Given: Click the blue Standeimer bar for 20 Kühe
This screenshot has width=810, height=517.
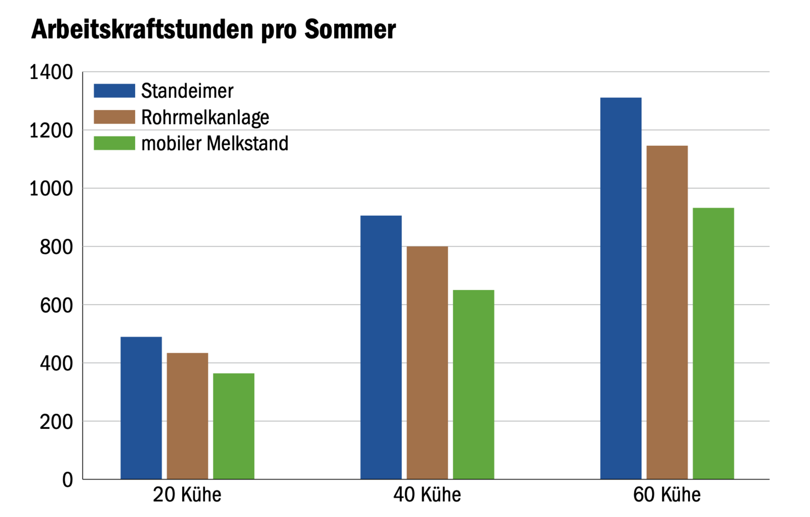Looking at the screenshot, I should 141,408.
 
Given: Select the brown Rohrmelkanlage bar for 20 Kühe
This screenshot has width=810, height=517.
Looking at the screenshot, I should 187,416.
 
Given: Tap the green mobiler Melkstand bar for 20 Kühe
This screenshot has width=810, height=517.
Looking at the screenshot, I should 233,426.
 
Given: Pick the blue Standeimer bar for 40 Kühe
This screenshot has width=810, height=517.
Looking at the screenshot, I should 381,347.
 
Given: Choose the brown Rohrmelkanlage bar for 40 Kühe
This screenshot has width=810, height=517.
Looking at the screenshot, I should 427,363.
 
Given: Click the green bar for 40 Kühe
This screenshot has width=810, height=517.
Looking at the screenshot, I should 473,384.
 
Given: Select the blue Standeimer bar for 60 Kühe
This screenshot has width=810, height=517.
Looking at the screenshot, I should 621,288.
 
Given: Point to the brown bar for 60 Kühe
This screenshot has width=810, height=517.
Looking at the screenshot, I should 667,312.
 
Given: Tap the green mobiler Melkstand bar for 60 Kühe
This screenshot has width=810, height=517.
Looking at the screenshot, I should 713,343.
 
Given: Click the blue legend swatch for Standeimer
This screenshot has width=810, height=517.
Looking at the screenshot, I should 114,91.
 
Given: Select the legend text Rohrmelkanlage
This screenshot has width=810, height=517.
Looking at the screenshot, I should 205,117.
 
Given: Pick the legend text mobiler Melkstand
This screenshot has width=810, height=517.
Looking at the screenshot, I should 215,144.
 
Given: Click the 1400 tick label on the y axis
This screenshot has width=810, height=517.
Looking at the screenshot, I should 51,72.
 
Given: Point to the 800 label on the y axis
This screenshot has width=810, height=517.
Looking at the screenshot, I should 56,247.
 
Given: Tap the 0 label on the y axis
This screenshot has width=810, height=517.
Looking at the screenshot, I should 67,480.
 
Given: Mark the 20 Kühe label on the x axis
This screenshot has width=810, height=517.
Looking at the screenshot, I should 187,495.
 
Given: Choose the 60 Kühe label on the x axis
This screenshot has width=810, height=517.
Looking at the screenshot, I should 667,495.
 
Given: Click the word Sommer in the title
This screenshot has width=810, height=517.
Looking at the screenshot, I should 350,29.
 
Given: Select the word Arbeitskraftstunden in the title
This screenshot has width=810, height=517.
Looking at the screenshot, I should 142,29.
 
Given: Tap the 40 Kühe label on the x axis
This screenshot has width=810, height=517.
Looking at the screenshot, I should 427,495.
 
